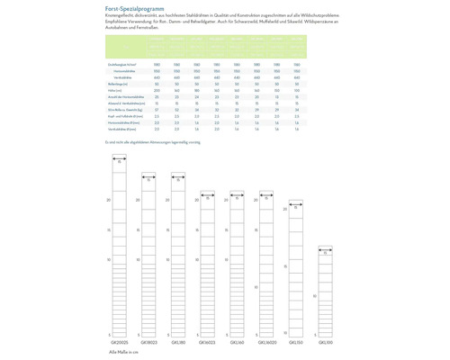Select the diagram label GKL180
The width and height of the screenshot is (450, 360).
pyautogui.click(x=177, y=343)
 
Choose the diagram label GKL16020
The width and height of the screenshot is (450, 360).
pyautogui.click(x=266, y=343)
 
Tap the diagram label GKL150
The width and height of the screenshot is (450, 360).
pyautogui.click(x=295, y=343)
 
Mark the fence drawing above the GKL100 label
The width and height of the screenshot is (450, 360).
pyautogui.click(x=325, y=292)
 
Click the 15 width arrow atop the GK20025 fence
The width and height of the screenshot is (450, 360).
pyautogui.click(x=118, y=162)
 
